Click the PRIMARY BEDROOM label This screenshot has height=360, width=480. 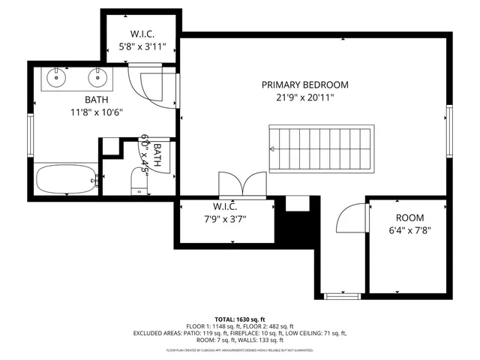tap(304, 85)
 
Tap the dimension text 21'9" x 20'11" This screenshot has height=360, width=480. tap(304, 97)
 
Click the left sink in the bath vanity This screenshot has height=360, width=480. tap(57, 76)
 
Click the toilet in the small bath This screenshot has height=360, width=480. tap(139, 180)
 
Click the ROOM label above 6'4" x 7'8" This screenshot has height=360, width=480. tap(409, 217)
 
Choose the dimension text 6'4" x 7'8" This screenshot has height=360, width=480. tap(409, 230)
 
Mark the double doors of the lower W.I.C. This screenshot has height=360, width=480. tap(241, 184)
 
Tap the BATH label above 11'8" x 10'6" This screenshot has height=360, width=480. tap(96, 99)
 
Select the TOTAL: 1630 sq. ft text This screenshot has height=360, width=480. tap(240, 319)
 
